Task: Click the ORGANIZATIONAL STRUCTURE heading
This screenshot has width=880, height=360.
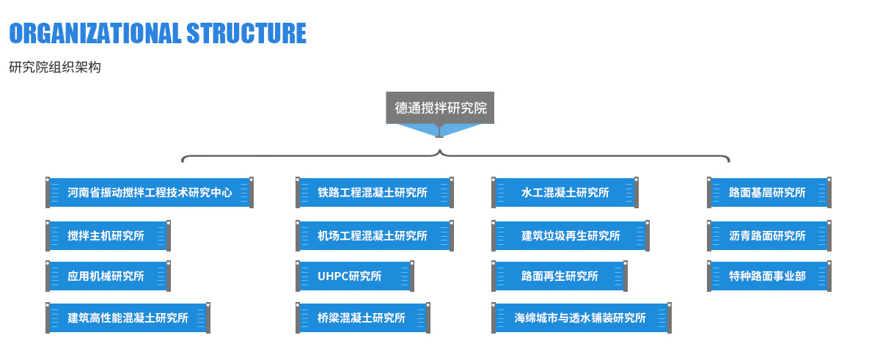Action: coord(157,33)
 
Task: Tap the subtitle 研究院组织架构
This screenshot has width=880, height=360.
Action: coord(55,67)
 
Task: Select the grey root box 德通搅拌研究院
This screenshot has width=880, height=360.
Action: coord(440,108)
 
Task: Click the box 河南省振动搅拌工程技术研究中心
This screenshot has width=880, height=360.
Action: coord(150,193)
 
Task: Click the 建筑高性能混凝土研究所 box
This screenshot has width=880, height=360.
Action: coord(128,318)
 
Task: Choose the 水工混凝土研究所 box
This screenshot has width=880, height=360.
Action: coord(565,193)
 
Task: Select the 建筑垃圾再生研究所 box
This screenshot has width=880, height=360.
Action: coord(571,236)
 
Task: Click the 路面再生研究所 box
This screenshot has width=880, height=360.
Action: coord(560,276)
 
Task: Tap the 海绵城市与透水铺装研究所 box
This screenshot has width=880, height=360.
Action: coord(582,318)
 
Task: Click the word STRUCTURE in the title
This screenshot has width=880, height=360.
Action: coord(246,33)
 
